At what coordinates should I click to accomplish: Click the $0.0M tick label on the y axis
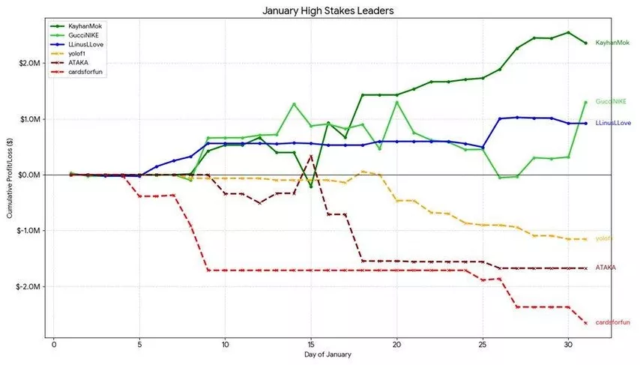27,175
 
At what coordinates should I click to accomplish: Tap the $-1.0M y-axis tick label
26,231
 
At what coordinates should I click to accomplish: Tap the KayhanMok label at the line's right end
612,43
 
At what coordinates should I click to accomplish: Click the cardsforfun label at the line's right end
613,322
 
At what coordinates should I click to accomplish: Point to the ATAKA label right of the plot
606,268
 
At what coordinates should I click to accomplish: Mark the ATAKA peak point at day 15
311,156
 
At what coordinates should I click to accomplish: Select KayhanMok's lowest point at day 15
311,186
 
